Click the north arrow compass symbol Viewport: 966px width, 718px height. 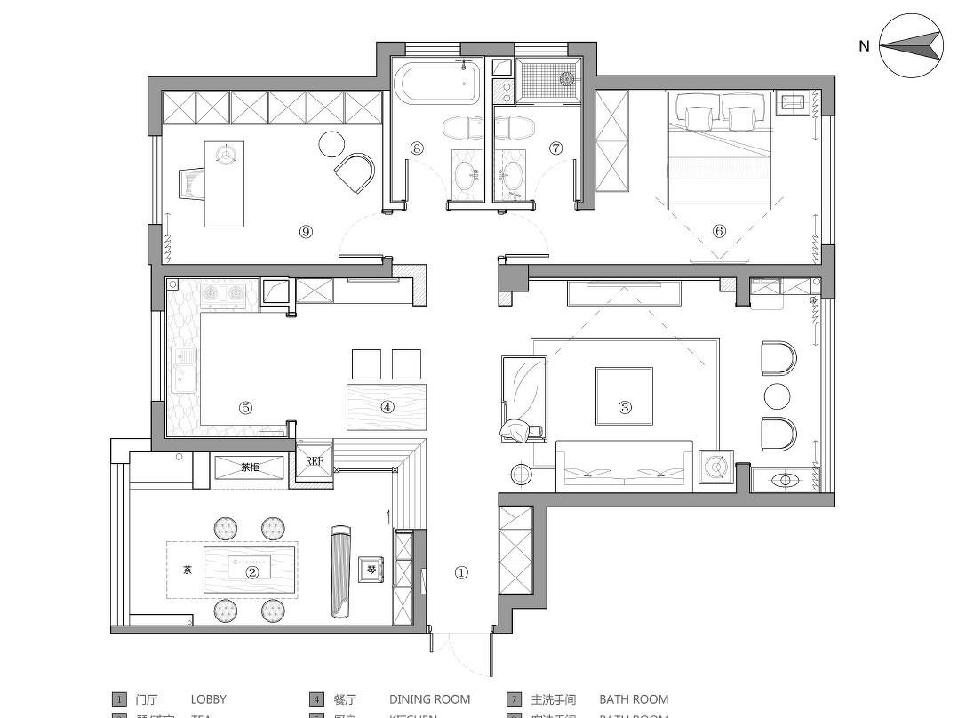pos(911,44)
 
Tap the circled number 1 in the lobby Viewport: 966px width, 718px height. pos(461,573)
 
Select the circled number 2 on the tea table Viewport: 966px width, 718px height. pos(251,572)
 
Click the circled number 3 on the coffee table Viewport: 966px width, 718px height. pos(625,407)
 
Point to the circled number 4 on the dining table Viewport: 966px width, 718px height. pos(387,407)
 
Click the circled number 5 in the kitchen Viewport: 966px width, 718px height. pos(245,408)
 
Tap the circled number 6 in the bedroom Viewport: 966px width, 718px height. pos(719,231)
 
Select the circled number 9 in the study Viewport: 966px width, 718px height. pos(306,231)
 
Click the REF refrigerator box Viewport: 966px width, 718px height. pos(315,461)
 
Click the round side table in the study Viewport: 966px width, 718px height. pos(331,142)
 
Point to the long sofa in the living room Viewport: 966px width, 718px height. pos(624,467)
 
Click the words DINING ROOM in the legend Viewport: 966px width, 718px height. pos(429,699)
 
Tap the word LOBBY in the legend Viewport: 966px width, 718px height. pos(208,699)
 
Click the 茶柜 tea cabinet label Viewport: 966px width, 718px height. pos(250,467)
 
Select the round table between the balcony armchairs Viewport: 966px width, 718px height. pos(777,395)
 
